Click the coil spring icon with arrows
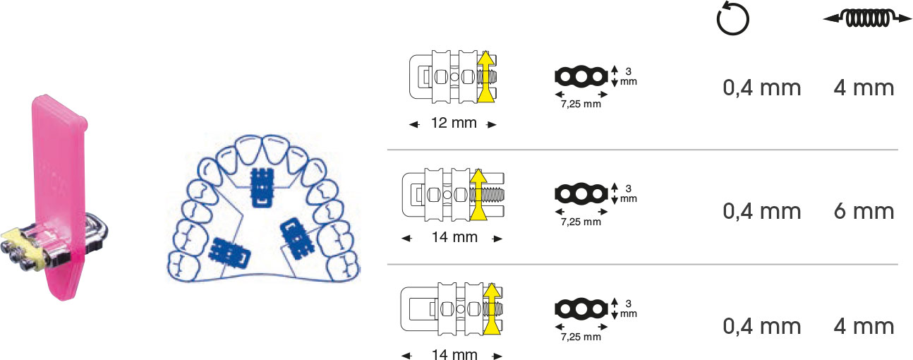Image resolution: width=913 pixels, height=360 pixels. click(x=866, y=18)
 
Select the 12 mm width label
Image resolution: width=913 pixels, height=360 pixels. click(x=454, y=123)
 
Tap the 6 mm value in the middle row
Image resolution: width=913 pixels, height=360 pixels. click(x=864, y=211)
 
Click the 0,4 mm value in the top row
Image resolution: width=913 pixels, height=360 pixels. click(x=762, y=88)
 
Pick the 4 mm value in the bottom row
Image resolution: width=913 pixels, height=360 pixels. click(x=864, y=326)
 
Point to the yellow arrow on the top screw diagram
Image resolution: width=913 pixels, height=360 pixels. click(x=486, y=76)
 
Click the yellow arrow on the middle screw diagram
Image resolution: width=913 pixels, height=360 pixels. click(x=478, y=195)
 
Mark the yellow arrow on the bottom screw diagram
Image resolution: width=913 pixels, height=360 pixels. click(x=492, y=308)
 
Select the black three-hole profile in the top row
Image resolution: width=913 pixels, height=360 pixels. click(x=581, y=76)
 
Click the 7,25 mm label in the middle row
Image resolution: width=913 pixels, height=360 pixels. click(x=581, y=222)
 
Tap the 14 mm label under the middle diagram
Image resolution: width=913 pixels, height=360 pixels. click(x=454, y=237)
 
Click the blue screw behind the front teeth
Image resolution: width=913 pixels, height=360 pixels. click(x=262, y=187)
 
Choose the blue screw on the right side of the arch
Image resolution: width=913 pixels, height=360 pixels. click(x=296, y=239)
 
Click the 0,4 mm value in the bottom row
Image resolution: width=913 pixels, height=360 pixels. click(x=762, y=326)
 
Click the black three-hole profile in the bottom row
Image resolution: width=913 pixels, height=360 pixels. click(x=581, y=308)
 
